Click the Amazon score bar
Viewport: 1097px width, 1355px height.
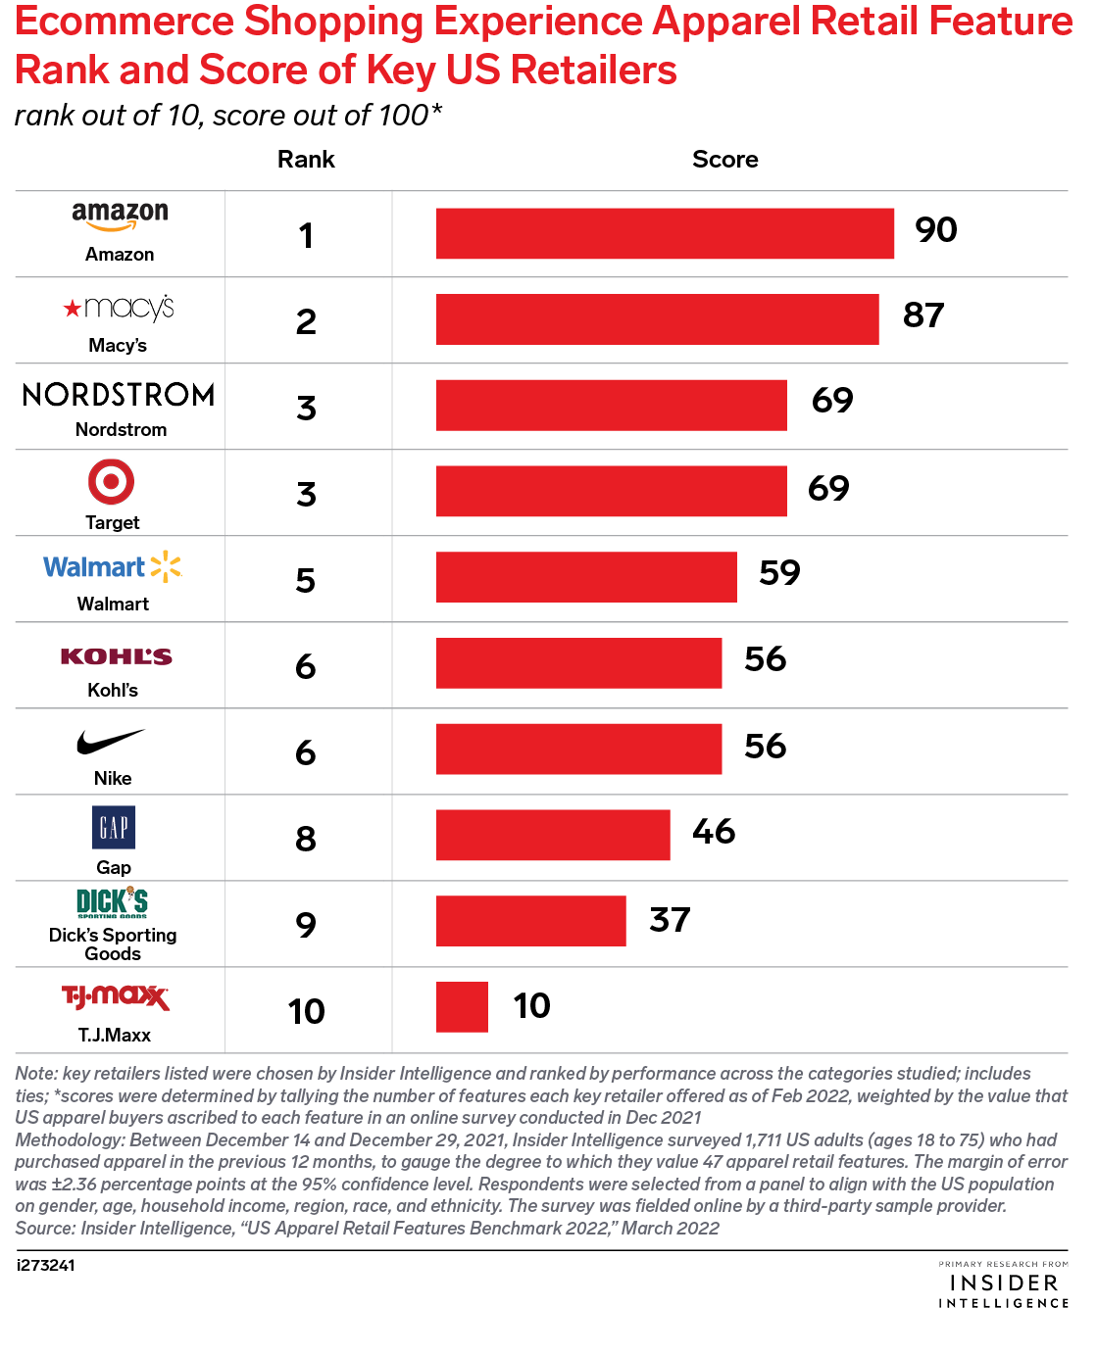(665, 233)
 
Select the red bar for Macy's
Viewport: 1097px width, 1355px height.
(657, 319)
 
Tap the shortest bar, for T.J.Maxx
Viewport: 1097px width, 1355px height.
(462, 1007)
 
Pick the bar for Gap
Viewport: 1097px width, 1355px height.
(553, 835)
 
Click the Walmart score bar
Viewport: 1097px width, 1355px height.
(586, 577)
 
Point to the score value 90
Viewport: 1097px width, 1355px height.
(935, 230)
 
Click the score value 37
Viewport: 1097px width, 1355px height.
(670, 920)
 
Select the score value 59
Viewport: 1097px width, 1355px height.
(779, 573)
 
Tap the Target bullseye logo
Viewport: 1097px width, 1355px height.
(111, 482)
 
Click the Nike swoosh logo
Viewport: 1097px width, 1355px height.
(111, 743)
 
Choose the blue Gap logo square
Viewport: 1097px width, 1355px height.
(114, 828)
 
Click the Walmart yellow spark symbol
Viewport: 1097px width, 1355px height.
(166, 566)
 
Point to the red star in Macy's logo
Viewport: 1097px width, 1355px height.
(72, 309)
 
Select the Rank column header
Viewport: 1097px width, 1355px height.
(306, 160)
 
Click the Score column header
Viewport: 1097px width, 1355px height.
(724, 160)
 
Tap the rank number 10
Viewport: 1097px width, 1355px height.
(307, 1011)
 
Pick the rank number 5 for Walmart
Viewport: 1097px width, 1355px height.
(306, 580)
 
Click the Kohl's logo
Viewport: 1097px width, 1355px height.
(116, 656)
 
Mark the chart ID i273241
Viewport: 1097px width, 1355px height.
(45, 1265)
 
